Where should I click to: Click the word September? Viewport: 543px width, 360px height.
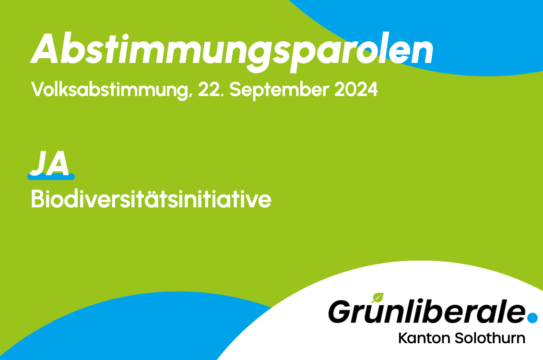coord(279,90)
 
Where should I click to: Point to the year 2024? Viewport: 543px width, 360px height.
coord(356,90)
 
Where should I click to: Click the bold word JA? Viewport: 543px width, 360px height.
coord(50,163)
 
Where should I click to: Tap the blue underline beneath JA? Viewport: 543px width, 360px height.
coord(51,177)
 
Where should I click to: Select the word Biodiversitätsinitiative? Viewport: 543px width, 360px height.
coord(151,199)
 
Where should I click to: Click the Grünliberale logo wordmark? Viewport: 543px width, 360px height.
coord(427,311)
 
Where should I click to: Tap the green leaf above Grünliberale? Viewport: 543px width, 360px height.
coord(378,298)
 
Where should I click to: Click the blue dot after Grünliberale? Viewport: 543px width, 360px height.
coord(532,317)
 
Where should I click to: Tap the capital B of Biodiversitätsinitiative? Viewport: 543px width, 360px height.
coord(38,199)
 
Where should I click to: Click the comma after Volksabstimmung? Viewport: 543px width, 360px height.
coord(190,96)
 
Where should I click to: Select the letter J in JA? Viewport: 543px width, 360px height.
coord(38,163)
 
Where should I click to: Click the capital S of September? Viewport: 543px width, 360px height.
coord(236,90)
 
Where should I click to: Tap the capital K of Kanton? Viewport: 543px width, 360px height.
coord(403,338)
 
